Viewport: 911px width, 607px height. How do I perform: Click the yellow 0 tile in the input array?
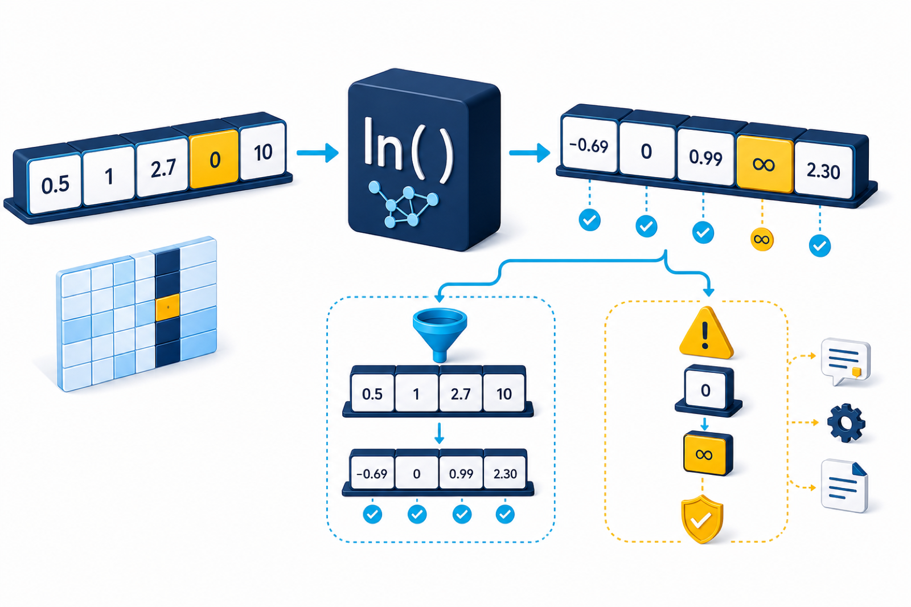(x=214, y=159)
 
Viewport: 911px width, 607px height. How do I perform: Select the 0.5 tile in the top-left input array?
(x=55, y=184)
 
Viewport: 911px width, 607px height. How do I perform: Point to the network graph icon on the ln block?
(x=403, y=206)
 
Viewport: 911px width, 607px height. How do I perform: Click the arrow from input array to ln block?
(x=318, y=153)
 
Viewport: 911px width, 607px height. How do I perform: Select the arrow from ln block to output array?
(x=530, y=153)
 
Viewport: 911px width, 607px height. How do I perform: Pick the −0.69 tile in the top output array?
(x=589, y=145)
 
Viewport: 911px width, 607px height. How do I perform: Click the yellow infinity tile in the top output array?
(x=765, y=165)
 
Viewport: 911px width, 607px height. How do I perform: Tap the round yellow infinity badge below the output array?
(x=762, y=239)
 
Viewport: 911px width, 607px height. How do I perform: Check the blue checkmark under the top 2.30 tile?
(x=820, y=246)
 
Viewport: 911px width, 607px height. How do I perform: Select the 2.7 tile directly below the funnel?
(x=461, y=393)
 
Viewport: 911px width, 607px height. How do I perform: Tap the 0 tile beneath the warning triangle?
(x=706, y=389)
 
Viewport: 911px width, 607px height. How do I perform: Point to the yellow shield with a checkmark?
(x=702, y=519)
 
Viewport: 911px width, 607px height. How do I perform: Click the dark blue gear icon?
(x=846, y=423)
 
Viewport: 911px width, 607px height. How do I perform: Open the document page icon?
(x=844, y=486)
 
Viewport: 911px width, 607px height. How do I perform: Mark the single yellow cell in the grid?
(x=167, y=307)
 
